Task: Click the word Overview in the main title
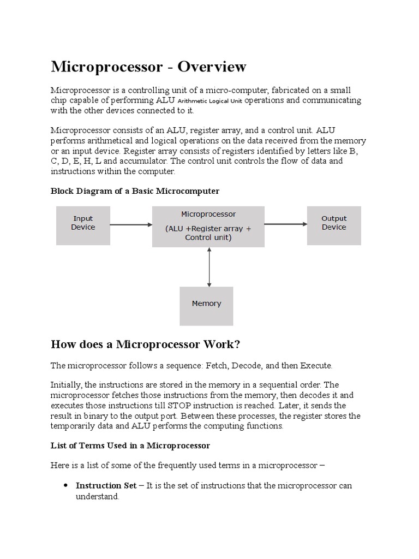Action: point(211,67)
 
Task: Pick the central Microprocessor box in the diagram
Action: point(208,225)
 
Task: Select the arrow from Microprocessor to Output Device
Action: point(286,224)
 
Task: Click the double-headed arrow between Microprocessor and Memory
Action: point(209,266)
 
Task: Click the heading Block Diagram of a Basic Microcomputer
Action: point(135,191)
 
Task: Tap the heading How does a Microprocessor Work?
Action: point(145,344)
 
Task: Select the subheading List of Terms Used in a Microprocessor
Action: point(130,445)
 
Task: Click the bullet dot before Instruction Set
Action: point(65,485)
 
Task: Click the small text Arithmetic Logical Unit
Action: point(210,102)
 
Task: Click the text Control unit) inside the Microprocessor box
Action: point(208,237)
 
